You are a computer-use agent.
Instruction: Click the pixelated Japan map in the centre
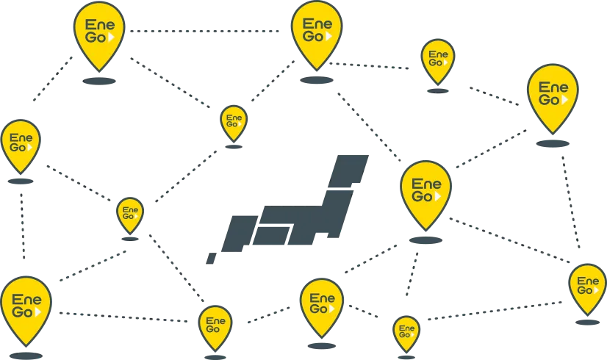pyautogui.click(x=294, y=209)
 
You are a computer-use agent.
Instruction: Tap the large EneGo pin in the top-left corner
pyautogui.click(x=99, y=33)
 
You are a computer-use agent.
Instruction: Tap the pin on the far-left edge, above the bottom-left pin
pyautogui.click(x=21, y=143)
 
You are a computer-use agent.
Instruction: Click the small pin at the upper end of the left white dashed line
pyautogui.click(x=130, y=215)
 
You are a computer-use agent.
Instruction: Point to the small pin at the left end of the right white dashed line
pyautogui.click(x=406, y=332)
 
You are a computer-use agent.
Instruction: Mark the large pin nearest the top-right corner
pyautogui.click(x=553, y=94)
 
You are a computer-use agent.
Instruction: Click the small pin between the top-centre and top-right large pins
pyautogui.click(x=438, y=60)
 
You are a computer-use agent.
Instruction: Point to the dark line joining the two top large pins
pyautogui.click(x=206, y=32)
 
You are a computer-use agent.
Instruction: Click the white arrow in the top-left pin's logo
pyautogui.click(x=112, y=36)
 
